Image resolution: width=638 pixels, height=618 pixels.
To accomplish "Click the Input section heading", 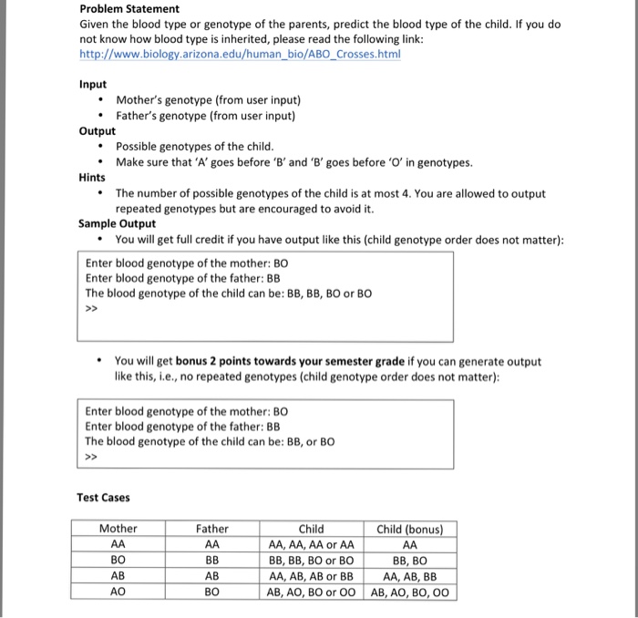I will pyautogui.click(x=93, y=84).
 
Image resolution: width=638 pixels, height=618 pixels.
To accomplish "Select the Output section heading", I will pyautogui.click(x=98, y=130).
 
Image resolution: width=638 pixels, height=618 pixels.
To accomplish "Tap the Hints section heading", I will pyautogui.click(x=92, y=178).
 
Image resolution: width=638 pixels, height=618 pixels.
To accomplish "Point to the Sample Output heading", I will pyautogui.click(x=117, y=224).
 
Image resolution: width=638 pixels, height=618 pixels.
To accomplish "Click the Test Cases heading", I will pyautogui.click(x=103, y=498).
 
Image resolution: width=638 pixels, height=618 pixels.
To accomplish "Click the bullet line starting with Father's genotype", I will pyautogui.click(x=205, y=116).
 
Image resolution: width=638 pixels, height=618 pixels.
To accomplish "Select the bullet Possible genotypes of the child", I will pyautogui.click(x=194, y=147).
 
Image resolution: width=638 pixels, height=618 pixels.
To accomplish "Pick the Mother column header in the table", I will pyautogui.click(x=118, y=529).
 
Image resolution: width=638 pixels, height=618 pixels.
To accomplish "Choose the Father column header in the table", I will pyautogui.click(x=212, y=529).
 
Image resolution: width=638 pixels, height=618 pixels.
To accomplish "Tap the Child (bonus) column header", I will pyautogui.click(x=410, y=529).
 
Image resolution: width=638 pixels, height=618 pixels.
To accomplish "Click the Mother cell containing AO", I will pyautogui.click(x=118, y=592).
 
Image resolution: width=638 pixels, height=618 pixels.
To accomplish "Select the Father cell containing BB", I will pyautogui.click(x=212, y=561).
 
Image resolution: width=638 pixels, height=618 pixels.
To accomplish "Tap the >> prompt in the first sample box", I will pyautogui.click(x=91, y=309).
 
